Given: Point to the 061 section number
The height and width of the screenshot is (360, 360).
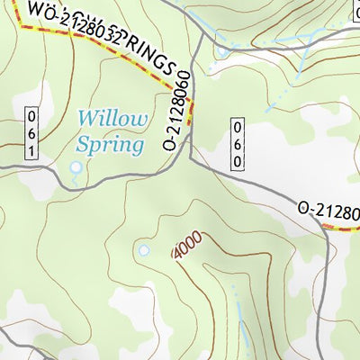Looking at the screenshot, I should tap(32, 133).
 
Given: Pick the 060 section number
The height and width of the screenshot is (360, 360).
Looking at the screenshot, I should tap(238, 143).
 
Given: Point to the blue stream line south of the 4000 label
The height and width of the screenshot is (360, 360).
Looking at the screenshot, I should tap(239, 310).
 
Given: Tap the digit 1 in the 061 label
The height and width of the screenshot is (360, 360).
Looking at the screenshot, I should tap(32, 149).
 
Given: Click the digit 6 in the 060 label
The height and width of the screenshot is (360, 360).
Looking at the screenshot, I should tap(238, 143).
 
